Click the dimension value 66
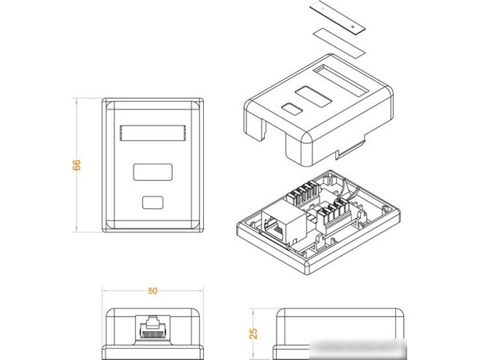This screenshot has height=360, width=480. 77,165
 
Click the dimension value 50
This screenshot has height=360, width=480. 152,292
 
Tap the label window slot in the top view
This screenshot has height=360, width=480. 152,133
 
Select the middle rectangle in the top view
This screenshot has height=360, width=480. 152,172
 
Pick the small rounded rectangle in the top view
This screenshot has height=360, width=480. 152,202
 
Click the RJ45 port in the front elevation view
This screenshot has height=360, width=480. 152,328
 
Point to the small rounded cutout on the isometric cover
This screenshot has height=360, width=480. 291,109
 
